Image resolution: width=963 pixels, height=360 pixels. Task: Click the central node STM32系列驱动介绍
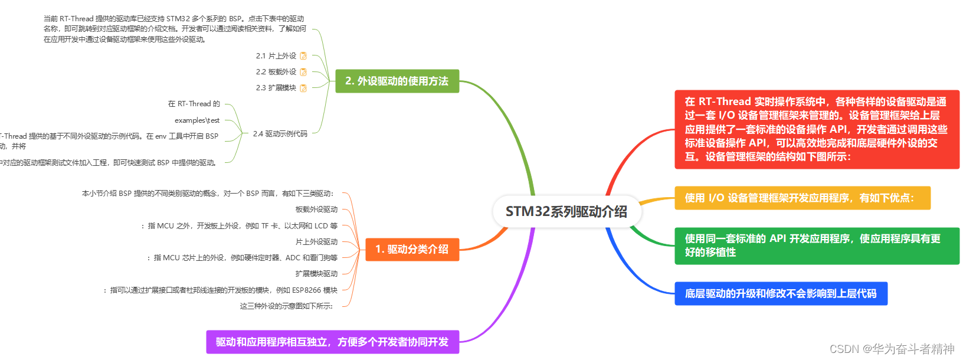pos(566,211)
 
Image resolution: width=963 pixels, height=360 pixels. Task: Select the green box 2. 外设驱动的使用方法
pos(397,81)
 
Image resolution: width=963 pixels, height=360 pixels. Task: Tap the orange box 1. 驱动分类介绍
pos(412,249)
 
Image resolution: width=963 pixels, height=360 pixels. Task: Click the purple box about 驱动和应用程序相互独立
pos(332,342)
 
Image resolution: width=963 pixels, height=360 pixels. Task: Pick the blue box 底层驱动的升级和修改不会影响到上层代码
pos(781,293)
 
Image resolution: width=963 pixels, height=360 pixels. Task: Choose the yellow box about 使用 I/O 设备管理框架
pos(802,198)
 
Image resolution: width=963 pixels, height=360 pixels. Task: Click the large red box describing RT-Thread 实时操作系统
pos(817,129)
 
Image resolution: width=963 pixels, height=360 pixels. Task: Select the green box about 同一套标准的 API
pos(817,246)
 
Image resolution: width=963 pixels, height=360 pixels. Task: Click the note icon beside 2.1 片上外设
pos(303,56)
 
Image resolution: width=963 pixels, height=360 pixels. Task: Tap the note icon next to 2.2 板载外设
pos(303,72)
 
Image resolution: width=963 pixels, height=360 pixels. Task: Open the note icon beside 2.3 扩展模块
pos(303,88)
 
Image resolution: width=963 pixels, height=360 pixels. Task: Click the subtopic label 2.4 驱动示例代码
pos(280,134)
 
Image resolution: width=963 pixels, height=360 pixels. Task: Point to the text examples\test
pos(197,120)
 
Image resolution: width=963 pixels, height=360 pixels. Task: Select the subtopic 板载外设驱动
pos(316,210)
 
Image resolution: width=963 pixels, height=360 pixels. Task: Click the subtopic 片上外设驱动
pos(316,242)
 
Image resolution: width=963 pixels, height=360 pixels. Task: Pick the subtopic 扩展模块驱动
pos(316,274)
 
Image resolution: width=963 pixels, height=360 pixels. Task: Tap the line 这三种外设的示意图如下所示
pos(286,306)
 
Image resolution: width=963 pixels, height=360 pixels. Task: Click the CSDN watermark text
pos(891,349)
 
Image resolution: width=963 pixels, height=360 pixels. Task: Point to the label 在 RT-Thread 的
pos(194,104)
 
